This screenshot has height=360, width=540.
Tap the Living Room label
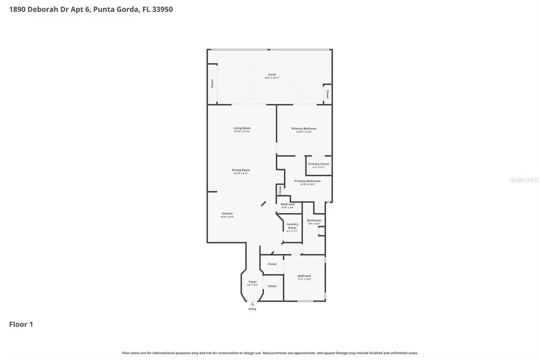point(242,128)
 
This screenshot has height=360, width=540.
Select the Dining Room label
point(241,170)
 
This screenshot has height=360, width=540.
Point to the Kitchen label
point(227,214)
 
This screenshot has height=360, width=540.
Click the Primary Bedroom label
point(304,128)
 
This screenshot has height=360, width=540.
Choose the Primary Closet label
point(318,164)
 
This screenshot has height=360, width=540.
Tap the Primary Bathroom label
point(307,181)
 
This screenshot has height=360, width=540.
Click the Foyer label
point(253,281)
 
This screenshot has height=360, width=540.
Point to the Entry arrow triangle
point(252,304)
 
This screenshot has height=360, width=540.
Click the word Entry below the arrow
point(252,309)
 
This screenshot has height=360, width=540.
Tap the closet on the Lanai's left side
point(212,84)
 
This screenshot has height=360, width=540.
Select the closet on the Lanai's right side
point(327,94)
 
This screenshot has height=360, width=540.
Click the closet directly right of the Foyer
point(272,286)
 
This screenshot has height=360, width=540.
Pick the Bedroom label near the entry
point(304,276)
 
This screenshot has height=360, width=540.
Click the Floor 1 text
point(21,325)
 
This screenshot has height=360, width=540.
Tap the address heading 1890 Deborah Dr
point(87,10)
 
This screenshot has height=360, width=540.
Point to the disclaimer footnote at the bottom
point(270,353)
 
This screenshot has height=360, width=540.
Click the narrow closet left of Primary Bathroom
point(280,190)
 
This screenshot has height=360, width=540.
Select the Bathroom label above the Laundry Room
point(287,205)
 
